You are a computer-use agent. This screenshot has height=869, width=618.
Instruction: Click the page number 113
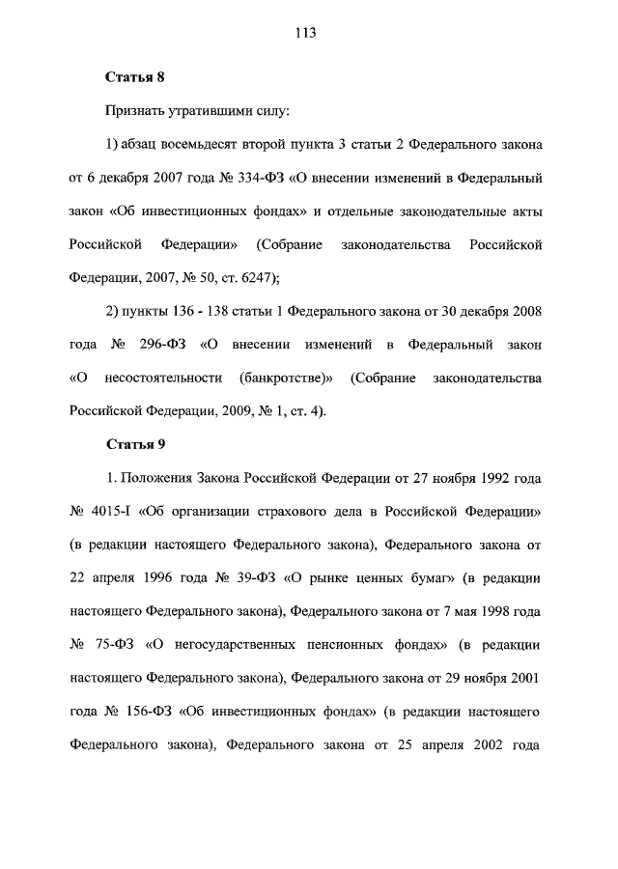coord(307,33)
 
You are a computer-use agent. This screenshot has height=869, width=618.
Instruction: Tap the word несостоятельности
coord(156,378)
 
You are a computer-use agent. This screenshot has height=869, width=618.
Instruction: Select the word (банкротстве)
coord(286,378)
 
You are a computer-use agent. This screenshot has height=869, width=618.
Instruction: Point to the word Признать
coord(135,112)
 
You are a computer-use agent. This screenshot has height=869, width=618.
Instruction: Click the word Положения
coord(157,478)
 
